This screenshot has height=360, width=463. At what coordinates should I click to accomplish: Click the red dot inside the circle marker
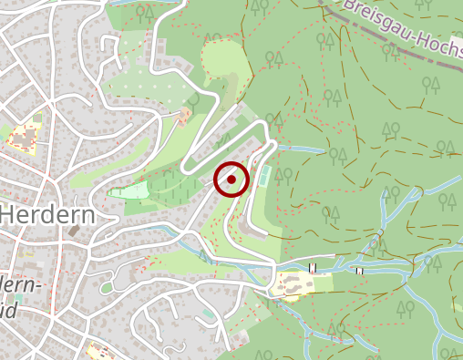[231, 180]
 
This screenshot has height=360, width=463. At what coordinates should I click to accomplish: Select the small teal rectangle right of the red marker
[263, 175]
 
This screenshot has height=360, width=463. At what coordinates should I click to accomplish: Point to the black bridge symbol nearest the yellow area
[312, 268]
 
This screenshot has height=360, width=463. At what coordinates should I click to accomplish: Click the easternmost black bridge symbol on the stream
[361, 271]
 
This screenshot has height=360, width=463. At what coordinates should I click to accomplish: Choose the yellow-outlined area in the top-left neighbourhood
[22, 138]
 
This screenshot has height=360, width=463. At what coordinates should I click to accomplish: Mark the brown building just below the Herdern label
[73, 233]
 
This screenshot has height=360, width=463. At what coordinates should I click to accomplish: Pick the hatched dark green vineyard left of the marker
[173, 191]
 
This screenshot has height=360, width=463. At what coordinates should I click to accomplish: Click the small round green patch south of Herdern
[107, 288]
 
